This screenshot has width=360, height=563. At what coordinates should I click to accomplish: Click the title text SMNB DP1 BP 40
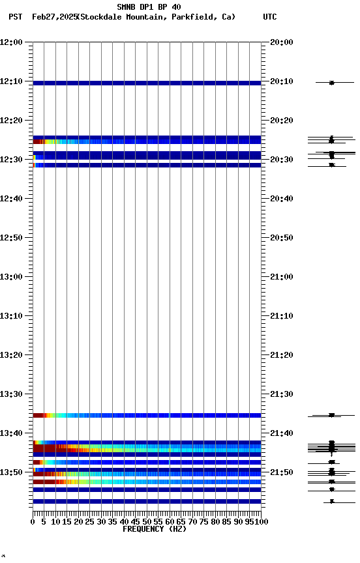149,7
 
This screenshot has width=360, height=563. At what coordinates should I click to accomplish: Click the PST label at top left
15,17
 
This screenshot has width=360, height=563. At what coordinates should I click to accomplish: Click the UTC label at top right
269,17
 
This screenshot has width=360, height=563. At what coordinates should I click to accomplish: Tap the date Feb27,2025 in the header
54,17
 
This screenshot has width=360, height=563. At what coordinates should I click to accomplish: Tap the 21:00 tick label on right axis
281,277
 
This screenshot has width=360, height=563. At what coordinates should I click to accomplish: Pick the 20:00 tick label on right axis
281,42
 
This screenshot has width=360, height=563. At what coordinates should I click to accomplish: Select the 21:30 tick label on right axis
281,394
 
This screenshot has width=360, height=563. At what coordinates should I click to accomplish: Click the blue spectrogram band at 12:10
147,83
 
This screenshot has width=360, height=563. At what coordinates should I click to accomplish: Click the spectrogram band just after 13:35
147,415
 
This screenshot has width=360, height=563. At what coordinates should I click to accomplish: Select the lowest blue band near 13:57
147,501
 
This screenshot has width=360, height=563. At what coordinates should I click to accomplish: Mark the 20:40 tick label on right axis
281,199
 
